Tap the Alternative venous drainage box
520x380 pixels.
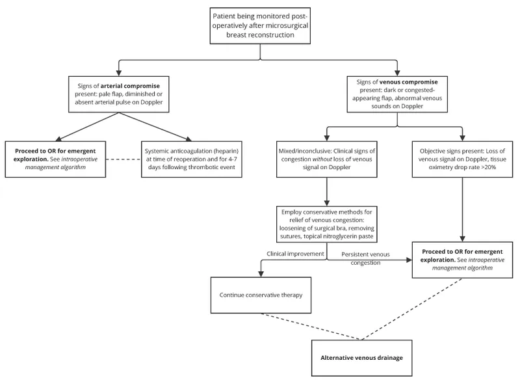click(361, 358)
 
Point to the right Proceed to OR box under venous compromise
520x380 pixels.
click(463, 258)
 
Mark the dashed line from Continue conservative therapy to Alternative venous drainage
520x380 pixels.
click(312, 327)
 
